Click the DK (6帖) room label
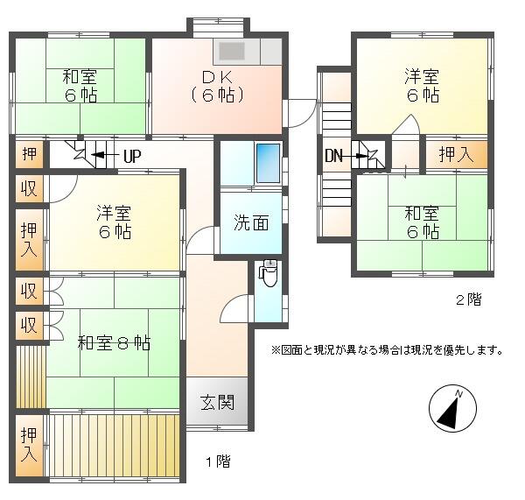[x=218, y=86]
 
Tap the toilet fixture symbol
[x=269, y=273]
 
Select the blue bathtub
[x=268, y=163]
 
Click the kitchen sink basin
[x=232, y=52]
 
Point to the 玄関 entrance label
[x=218, y=402]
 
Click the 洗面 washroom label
[x=251, y=222]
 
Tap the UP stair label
[x=133, y=156]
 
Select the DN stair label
[x=333, y=156]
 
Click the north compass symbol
[x=452, y=409]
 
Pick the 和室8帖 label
[x=114, y=342]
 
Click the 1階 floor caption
[x=218, y=461]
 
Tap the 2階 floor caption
[x=469, y=299]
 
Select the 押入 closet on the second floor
[x=456, y=154]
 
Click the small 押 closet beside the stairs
[x=30, y=154]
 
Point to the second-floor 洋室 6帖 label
[x=423, y=86]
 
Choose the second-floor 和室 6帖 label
[x=423, y=222]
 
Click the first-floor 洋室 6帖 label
[x=114, y=222]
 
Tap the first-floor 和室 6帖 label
[x=80, y=86]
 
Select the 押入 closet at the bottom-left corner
[x=30, y=446]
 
